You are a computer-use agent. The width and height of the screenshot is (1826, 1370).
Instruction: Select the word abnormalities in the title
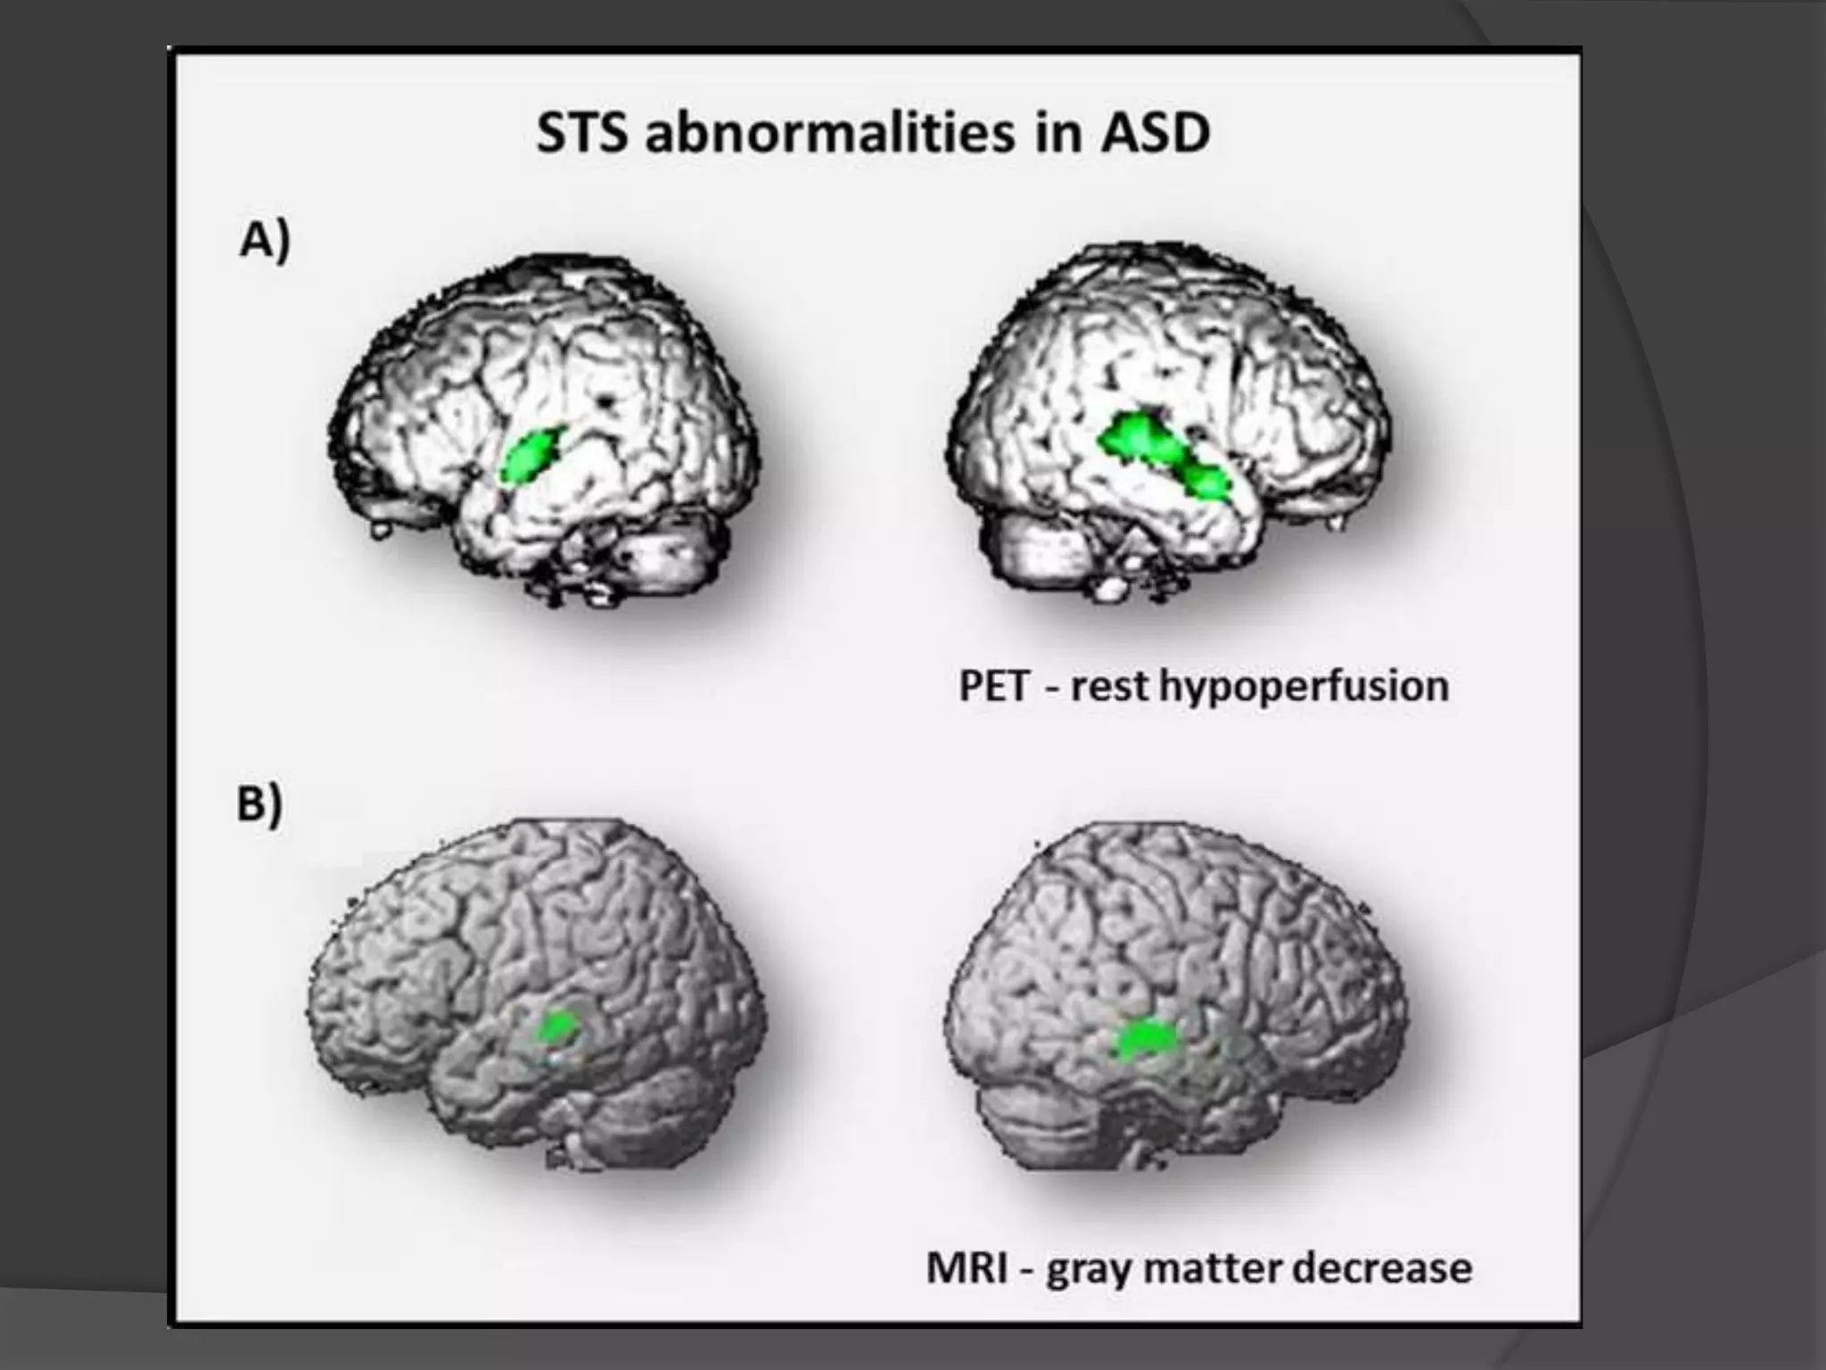pyautogui.click(x=830, y=136)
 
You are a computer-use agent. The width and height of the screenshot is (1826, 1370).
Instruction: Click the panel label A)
pyautogui.click(x=265, y=241)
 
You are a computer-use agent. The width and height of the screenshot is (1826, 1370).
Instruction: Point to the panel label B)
pyautogui.click(x=259, y=804)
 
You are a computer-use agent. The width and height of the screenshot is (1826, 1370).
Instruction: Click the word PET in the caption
pyautogui.click(x=993, y=687)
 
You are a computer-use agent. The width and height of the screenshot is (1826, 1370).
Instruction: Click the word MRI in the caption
pyautogui.click(x=968, y=1267)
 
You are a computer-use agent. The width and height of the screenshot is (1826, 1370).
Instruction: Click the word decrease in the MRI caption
pyautogui.click(x=1382, y=1267)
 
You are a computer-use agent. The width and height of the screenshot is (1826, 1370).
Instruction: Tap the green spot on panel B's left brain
pyautogui.click(x=558, y=1027)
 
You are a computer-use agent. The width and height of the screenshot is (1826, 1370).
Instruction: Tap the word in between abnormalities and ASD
pyautogui.click(x=1054, y=136)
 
